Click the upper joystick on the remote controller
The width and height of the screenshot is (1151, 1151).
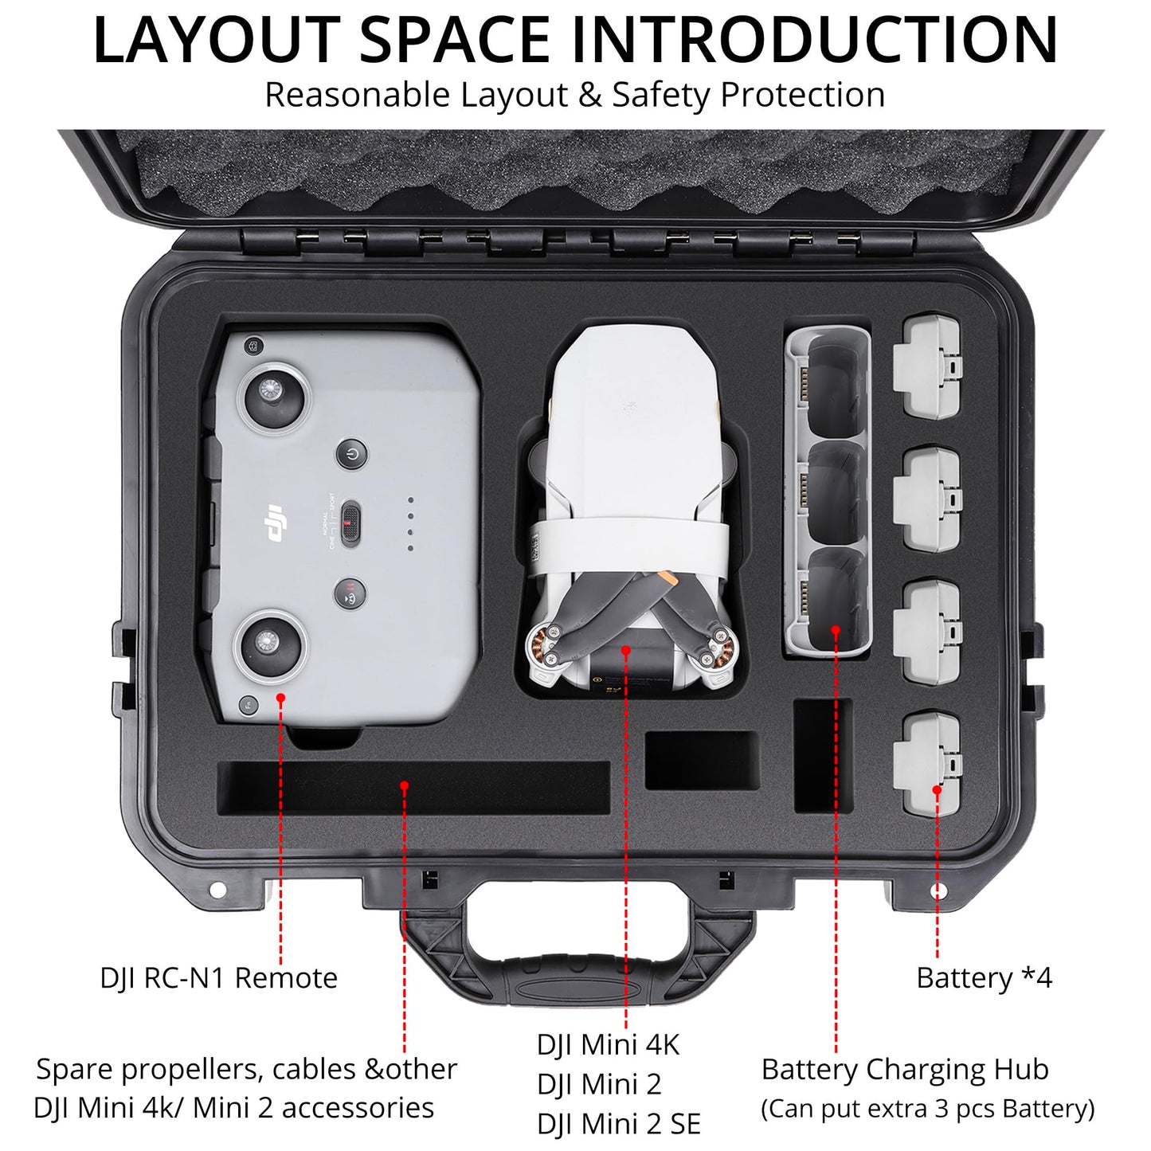coord(270,397)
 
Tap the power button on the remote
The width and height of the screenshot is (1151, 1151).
coord(351,454)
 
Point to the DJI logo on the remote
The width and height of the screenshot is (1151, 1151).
coord(275,525)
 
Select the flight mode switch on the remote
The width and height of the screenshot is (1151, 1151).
coord(350,524)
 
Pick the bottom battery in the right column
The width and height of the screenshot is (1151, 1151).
coord(927,765)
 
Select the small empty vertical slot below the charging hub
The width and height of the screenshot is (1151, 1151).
coord(823,756)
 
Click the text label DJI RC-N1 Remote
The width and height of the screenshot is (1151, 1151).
coord(218,977)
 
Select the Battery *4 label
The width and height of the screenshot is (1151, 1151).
coord(984,977)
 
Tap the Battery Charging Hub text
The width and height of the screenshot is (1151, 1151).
coord(904,1069)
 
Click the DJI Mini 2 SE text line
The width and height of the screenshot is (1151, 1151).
coord(618,1124)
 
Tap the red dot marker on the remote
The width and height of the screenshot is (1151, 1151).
coord(280,698)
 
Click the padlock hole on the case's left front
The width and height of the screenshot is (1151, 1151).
coord(216,889)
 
